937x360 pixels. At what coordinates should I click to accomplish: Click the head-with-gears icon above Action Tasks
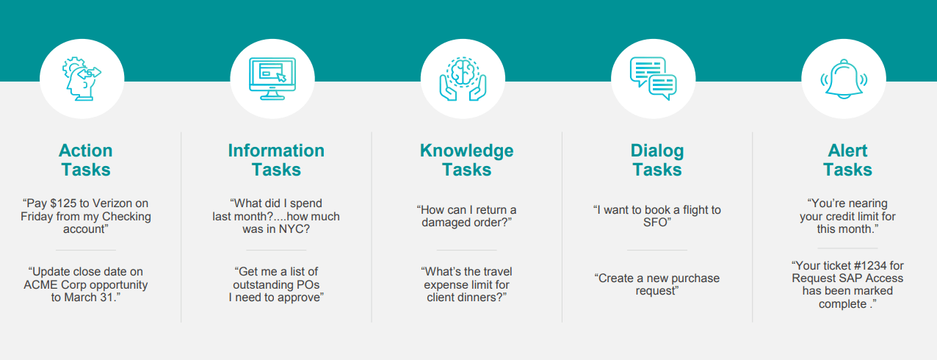click(x=82, y=79)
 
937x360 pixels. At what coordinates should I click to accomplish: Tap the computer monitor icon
click(x=272, y=79)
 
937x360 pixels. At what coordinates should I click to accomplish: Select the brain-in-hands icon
click(x=463, y=79)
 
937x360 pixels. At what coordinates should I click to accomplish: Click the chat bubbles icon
click(x=653, y=79)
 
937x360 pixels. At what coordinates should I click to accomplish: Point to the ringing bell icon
click(x=844, y=79)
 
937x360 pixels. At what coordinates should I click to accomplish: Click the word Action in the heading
click(x=86, y=151)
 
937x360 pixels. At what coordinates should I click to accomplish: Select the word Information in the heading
click(x=276, y=151)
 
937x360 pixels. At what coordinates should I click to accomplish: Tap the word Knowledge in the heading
click(x=467, y=151)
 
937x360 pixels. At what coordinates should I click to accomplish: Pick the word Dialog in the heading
click(x=657, y=151)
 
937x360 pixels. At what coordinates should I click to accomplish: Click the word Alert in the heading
click(x=847, y=151)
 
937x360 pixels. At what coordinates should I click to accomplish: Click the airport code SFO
click(x=655, y=223)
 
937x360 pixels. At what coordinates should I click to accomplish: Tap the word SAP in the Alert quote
click(x=851, y=278)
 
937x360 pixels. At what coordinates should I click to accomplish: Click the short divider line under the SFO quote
click(x=657, y=251)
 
